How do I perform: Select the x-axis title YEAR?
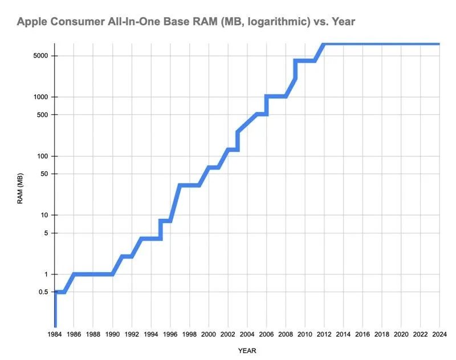pos(247,350)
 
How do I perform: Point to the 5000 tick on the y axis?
pos(40,56)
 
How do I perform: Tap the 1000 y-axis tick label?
pos(40,97)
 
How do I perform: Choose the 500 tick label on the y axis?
pos(43,115)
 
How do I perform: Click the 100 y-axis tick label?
pos(43,156)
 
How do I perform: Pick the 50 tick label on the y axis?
pos(44,174)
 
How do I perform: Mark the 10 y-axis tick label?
pos(44,215)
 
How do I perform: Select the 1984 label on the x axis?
pos(55,334)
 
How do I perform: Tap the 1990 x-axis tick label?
pos(112,334)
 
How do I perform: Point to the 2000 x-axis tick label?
pos(209,334)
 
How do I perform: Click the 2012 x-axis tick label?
pos(324,334)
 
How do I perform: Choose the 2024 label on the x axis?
pos(439,334)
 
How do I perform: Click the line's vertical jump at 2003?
pos(237,141)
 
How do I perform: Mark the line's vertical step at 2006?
pos(266,105)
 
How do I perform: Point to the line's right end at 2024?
pos(439,44)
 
